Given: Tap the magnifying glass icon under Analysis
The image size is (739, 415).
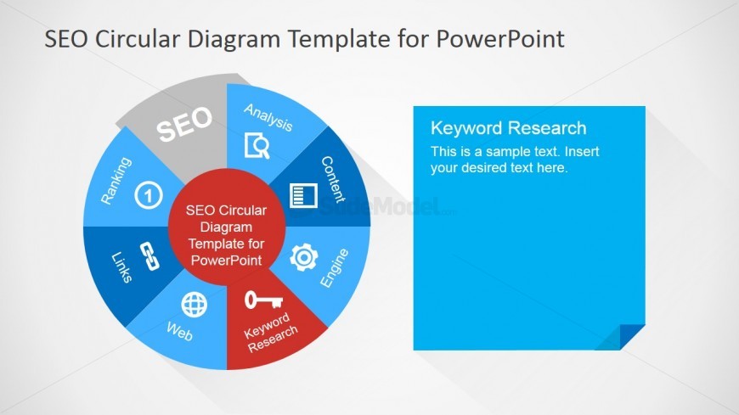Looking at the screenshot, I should (257, 147).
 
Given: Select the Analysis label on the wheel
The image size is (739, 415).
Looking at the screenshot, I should (268, 118).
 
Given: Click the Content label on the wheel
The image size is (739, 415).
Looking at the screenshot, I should (332, 179).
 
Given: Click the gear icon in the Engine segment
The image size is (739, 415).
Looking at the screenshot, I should (303, 257).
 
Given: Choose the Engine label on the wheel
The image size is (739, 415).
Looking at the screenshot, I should (334, 268).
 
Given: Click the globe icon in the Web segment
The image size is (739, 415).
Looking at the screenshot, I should (195, 304).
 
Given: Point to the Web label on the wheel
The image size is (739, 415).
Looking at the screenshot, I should (179, 331).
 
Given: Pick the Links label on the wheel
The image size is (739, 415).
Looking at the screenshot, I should (121, 266).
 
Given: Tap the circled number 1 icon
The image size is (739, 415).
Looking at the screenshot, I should (149, 195).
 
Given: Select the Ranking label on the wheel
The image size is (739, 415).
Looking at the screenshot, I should (116, 180).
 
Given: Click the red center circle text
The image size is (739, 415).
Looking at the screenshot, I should (226, 235).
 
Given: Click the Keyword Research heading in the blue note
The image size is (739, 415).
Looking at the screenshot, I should (508, 128).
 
